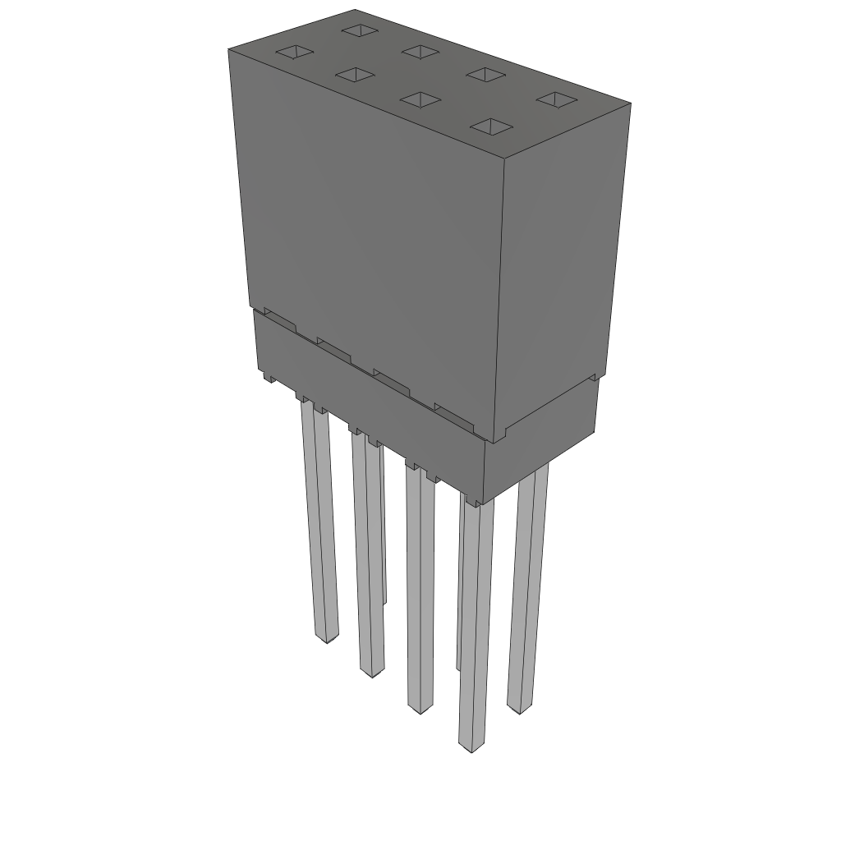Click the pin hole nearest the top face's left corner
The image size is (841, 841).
click(293, 53)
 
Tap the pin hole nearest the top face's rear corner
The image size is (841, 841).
click(358, 30)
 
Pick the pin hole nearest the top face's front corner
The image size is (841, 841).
click(491, 126)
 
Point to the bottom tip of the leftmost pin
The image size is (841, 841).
click(327, 638)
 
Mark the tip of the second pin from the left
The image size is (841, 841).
click(372, 673)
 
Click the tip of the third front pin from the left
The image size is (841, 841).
click(420, 710)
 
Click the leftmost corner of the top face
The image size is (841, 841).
click(228, 49)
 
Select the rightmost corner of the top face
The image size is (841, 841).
click(631, 103)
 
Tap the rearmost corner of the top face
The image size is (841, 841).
click(355, 10)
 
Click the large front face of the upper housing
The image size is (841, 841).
click(370, 238)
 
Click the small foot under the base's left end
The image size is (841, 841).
click(269, 379)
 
